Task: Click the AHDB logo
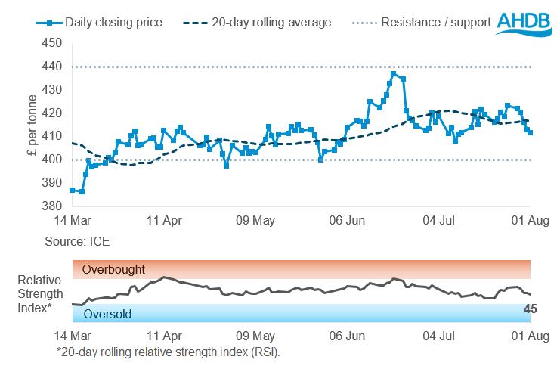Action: pyautogui.click(x=527, y=22)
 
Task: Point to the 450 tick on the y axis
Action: pyautogui.click(x=51, y=43)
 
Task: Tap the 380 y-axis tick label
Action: pyautogui.click(x=51, y=206)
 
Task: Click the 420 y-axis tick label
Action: pyautogui.click(x=51, y=113)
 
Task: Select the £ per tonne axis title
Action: pyautogui.click(x=31, y=125)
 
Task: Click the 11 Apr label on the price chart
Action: pyautogui.click(x=163, y=222)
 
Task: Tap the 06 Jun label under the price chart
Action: pyautogui.click(x=348, y=222)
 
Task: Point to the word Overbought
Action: pyautogui.click(x=113, y=270)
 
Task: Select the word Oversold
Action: pyautogui.click(x=108, y=314)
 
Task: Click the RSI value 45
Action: pyautogui.click(x=531, y=308)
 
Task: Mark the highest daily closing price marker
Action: pyautogui.click(x=393, y=73)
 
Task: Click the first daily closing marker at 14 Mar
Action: pyautogui.click(x=72, y=190)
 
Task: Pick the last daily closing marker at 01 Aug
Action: pyautogui.click(x=531, y=132)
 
